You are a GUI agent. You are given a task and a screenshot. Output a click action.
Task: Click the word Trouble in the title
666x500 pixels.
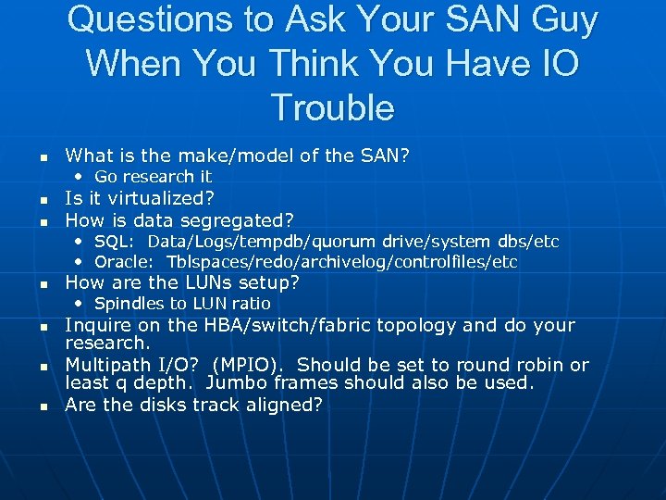pos(333,107)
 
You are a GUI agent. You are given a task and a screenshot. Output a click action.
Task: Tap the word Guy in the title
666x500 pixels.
pos(556,19)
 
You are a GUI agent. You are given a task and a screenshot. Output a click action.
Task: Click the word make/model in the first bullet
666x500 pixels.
pos(206,155)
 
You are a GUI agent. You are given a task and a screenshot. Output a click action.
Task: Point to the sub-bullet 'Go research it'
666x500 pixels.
pos(153,176)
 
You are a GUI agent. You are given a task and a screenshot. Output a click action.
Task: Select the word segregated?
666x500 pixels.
pos(237,220)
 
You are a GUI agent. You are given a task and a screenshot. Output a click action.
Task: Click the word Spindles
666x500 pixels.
pos(129,304)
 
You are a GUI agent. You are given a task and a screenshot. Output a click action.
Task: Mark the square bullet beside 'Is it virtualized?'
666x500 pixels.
pos(43,200)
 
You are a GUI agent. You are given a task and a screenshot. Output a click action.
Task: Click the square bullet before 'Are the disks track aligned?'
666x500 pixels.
pos(43,406)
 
